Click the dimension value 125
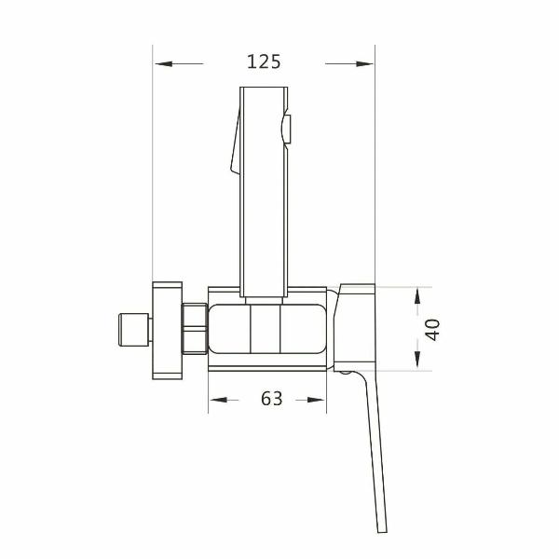pos(264,62)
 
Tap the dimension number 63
pos(271,399)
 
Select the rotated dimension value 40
pos(432,329)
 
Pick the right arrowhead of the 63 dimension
pos(320,400)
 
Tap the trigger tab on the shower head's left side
pos(233,149)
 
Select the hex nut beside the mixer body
pos(194,329)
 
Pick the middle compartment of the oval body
pos(266,329)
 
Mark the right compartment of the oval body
pos(303,329)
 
